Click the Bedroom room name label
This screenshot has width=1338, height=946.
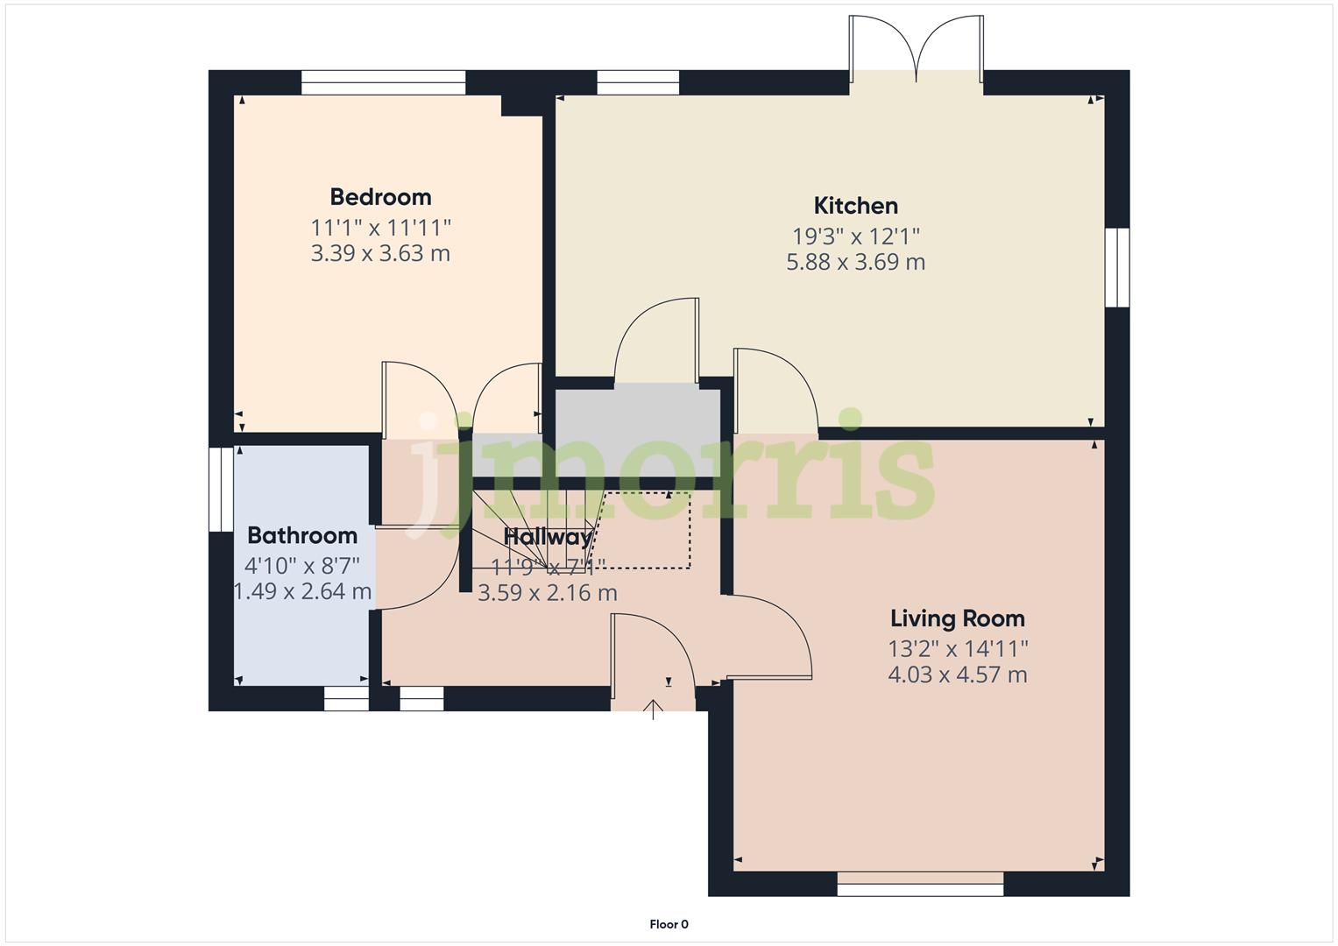pyautogui.click(x=380, y=197)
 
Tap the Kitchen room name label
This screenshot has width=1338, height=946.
pyautogui.click(x=855, y=206)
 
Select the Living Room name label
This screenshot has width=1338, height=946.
pyautogui.click(x=957, y=618)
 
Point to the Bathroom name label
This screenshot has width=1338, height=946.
pyautogui.click(x=302, y=535)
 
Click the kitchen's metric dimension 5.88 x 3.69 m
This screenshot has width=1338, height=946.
pyautogui.click(x=855, y=262)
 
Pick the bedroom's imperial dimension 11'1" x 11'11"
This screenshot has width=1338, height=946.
pyautogui.click(x=380, y=228)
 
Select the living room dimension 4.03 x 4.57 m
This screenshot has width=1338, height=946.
pyautogui.click(x=957, y=674)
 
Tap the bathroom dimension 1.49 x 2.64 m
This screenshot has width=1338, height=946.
pyautogui.click(x=302, y=591)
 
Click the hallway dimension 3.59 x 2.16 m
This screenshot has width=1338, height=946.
pyautogui.click(x=547, y=593)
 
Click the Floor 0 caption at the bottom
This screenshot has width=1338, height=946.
pyautogui.click(x=669, y=924)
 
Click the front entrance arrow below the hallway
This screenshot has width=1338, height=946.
pyautogui.click(x=653, y=708)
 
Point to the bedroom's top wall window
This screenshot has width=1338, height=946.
pyautogui.click(x=383, y=82)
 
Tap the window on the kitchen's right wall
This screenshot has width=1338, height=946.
pyautogui.click(x=1116, y=267)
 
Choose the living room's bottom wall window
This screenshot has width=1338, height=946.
pyautogui.click(x=919, y=889)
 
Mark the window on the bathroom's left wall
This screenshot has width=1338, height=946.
pyautogui.click(x=221, y=490)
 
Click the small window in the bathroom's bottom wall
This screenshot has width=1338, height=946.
pyautogui.click(x=346, y=698)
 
